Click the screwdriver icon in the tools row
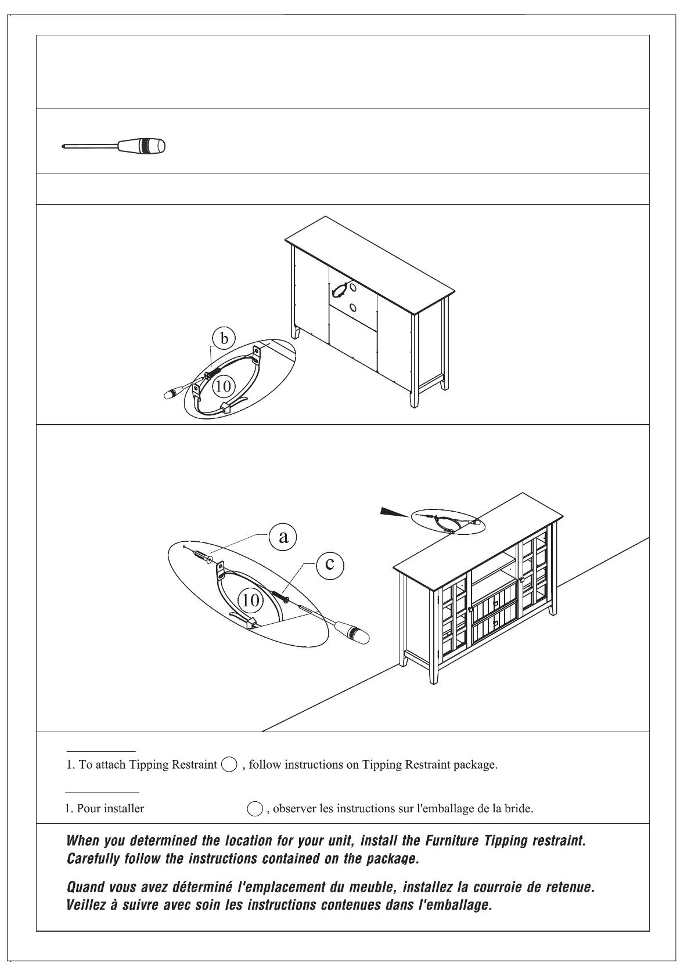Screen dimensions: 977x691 coord(114,146)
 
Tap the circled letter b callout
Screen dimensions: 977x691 coord(224,338)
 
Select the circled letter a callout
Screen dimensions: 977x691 coord(283,537)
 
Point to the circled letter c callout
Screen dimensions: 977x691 coord(329,563)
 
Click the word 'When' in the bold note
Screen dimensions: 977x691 coord(82,841)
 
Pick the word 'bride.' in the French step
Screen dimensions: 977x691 coord(519,809)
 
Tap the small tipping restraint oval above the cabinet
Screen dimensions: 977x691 coord(447,521)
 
